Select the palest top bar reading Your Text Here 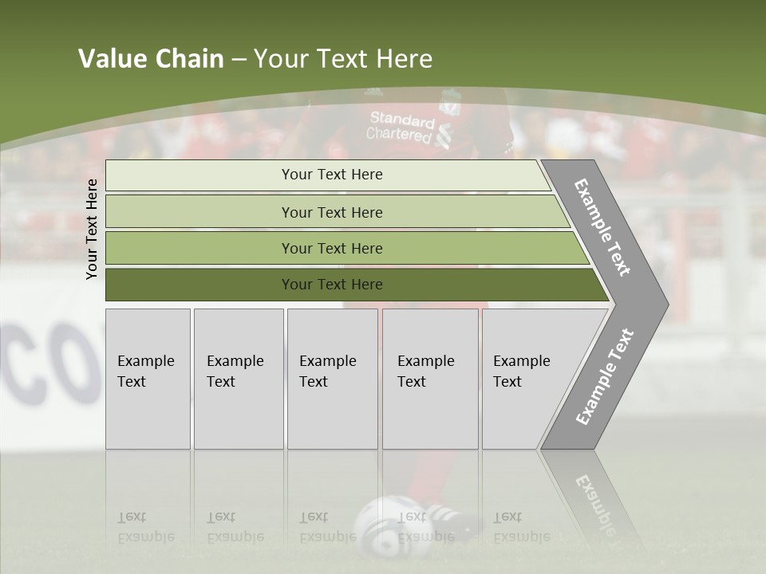(331, 175)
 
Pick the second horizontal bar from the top (331, 212)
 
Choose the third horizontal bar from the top (331, 248)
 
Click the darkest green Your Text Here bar (331, 285)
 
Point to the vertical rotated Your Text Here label (92, 229)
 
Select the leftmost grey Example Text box (148, 379)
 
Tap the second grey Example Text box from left (238, 379)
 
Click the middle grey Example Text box (332, 379)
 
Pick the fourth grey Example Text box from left (429, 379)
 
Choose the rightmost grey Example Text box (527, 379)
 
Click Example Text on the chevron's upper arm (603, 228)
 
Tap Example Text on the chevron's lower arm (606, 376)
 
